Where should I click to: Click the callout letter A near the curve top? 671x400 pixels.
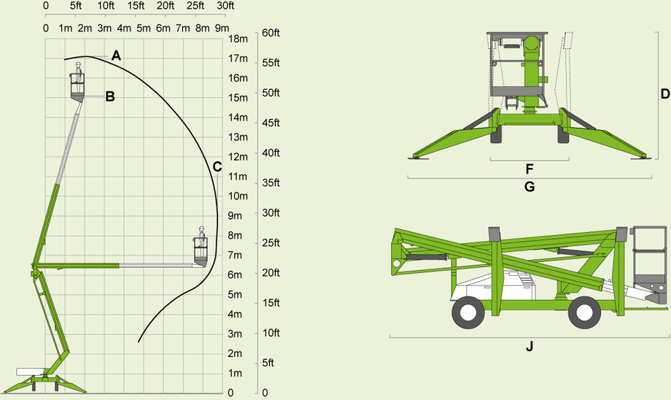tap(117, 55)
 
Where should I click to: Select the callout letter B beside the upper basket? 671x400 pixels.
tap(110, 96)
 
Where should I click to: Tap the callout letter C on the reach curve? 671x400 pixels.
tap(217, 166)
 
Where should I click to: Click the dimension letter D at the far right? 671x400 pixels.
tap(665, 93)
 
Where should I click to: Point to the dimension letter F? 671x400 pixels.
tap(530, 169)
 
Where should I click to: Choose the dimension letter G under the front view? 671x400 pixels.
tap(530, 187)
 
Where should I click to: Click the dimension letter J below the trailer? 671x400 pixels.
tap(530, 347)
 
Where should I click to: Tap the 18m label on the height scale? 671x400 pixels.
tap(238, 39)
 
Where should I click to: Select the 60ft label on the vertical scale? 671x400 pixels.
tap(271, 33)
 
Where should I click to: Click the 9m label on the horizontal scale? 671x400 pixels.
tap(222, 28)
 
